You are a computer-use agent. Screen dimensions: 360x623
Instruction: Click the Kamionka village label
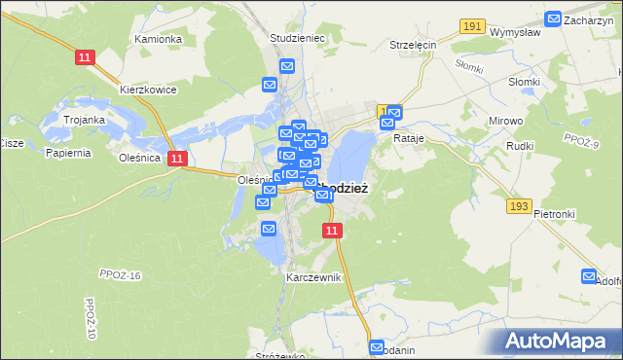pos(159,39)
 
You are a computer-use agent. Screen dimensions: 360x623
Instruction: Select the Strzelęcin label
pos(413,45)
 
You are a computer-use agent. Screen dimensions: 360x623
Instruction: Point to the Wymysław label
pos(516,32)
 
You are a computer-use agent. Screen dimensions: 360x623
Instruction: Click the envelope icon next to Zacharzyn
pos(553,18)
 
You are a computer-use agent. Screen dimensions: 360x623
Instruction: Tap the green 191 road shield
pos(473,26)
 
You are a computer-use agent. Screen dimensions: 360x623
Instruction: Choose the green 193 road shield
pos(518,206)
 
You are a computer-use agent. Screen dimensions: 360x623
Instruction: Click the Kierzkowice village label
pos(148,90)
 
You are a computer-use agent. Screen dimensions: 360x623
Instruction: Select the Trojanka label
pos(84,120)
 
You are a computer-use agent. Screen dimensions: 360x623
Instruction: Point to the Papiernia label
pos(68,153)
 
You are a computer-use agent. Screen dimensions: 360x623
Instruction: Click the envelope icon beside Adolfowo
pos(589,276)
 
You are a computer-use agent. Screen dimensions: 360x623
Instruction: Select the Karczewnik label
pos(313,277)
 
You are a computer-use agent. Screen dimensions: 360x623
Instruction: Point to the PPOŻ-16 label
pos(121,275)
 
